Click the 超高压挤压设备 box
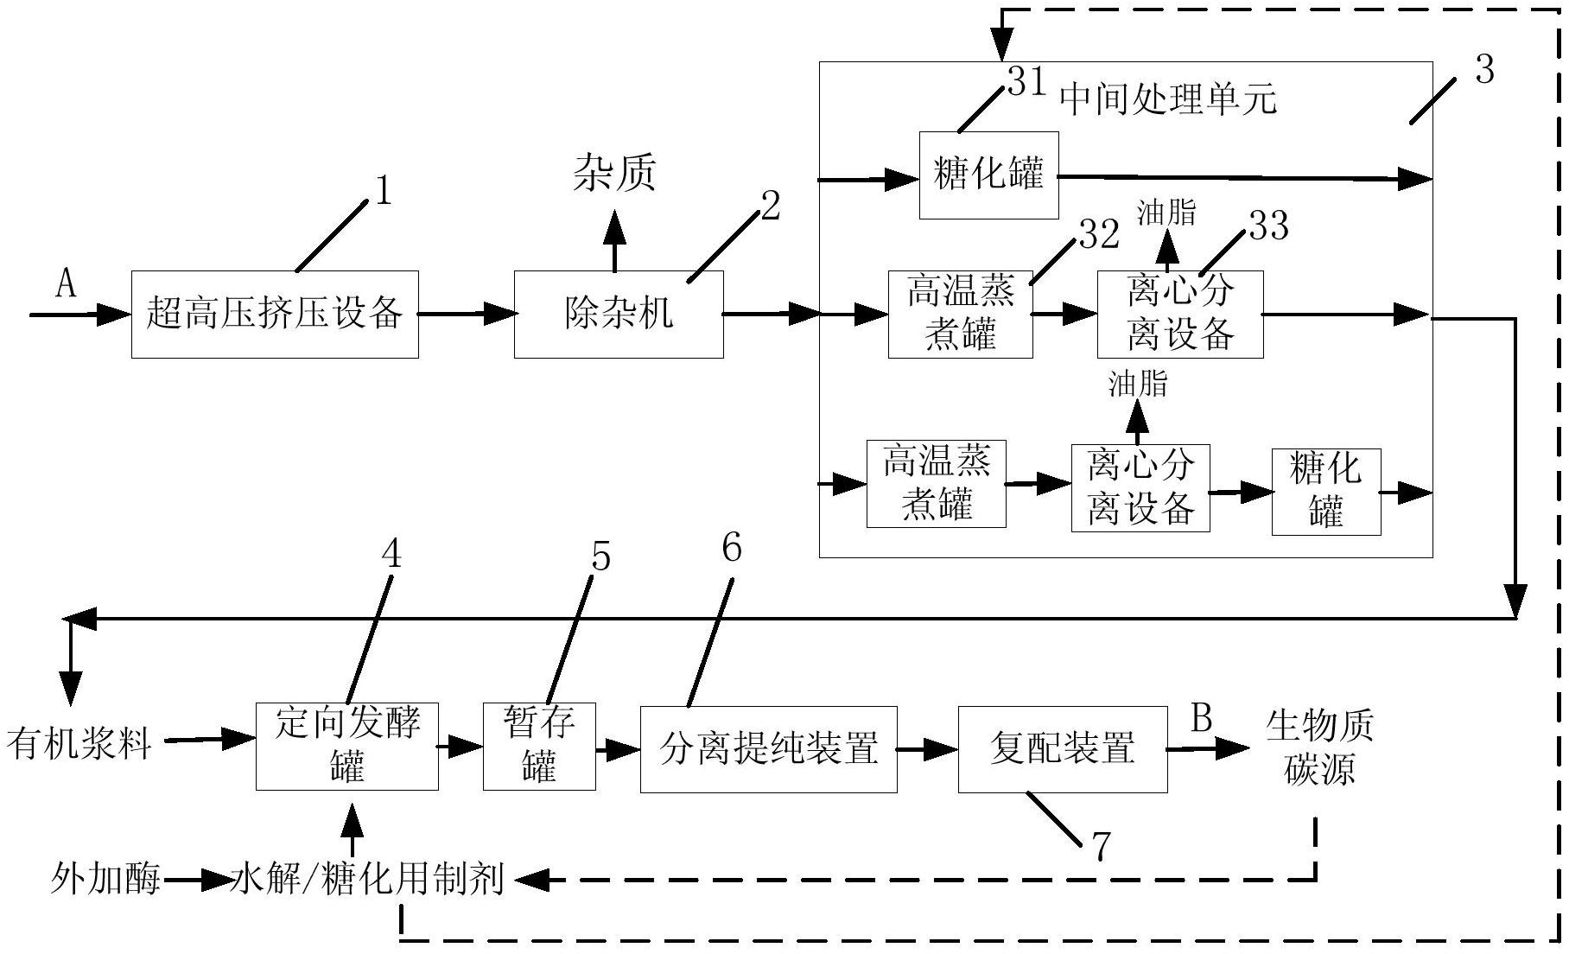(275, 314)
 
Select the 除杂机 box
(619, 314)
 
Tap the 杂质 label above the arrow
(615, 173)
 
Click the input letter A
(66, 283)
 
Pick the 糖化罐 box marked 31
(988, 175)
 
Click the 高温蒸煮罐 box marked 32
(960, 314)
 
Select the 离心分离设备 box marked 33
(1180, 314)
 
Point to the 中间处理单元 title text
(1167, 99)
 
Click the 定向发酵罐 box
(347, 746)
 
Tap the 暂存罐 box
(539, 746)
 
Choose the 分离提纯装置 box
(768, 748)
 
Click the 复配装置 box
(1062, 748)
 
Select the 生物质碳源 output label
(1318, 748)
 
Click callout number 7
(1100, 848)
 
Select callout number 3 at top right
(1484, 70)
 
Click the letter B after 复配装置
(1202, 718)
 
